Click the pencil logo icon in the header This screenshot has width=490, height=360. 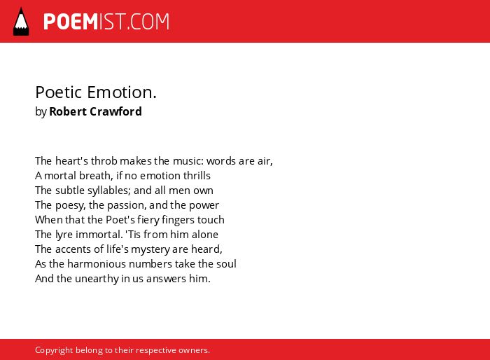click(21, 22)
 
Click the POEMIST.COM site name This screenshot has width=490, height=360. click(106, 22)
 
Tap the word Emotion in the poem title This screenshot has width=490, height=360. click(122, 92)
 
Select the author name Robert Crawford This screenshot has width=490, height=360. click(96, 111)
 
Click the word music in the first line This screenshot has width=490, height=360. click(188, 161)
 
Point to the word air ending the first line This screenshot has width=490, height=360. click(265, 161)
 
